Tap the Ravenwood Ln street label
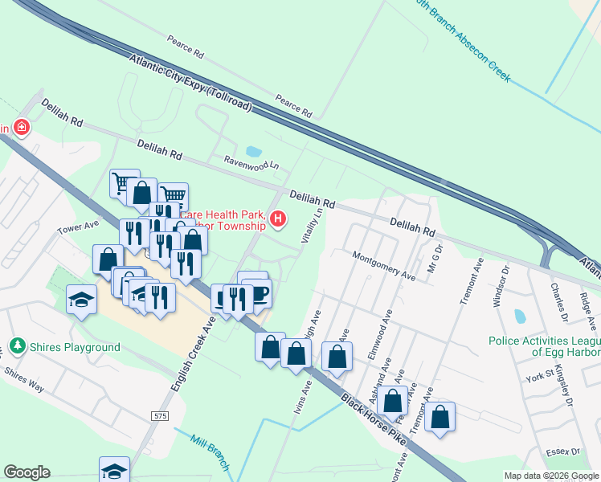point(251,162)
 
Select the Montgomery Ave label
point(383,265)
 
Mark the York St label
point(538,375)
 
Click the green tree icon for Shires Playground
point(16,347)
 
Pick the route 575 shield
point(159,415)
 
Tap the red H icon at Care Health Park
point(279,219)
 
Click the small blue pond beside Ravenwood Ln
point(253,151)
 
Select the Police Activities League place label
point(543,346)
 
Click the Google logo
point(27,472)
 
